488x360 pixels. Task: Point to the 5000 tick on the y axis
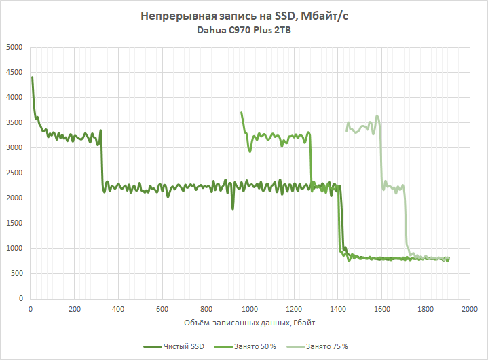pos(14,48)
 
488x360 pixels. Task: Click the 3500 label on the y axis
pos(14,123)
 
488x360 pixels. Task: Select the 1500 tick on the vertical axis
pos(14,223)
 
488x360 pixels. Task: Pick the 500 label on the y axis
pos(16,274)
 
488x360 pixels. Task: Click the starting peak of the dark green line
pos(33,77)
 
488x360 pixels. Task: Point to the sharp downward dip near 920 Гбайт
pos(233,209)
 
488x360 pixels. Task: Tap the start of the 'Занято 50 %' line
pos(241,113)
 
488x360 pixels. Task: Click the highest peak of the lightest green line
pos(377,116)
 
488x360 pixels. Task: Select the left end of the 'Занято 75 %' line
pos(346,130)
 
